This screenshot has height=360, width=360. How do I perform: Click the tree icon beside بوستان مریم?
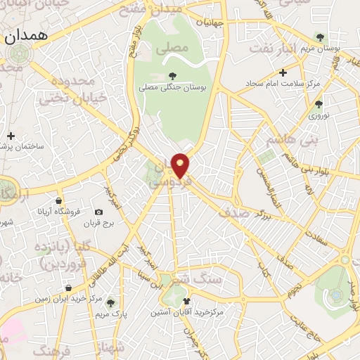pos(320,37)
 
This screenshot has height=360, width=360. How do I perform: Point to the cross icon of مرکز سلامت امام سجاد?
pos(283,72)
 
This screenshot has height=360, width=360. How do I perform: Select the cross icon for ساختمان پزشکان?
pos(11,136)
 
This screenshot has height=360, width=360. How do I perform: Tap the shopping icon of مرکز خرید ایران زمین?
pos(67,288)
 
